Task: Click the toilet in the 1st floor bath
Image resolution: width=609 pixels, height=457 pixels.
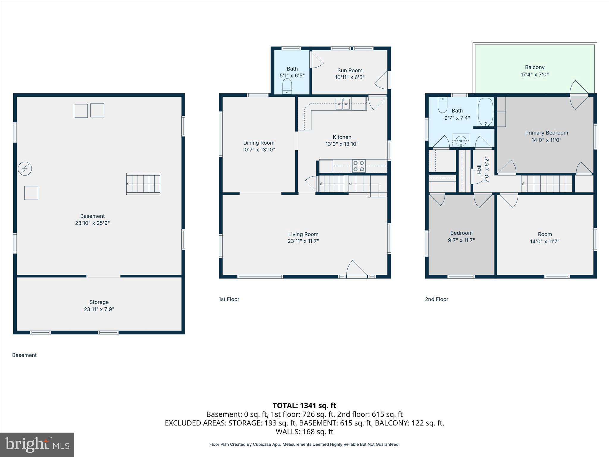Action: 287,86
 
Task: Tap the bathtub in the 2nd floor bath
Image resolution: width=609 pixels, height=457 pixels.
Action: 485,112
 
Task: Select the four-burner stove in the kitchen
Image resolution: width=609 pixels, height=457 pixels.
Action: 359,166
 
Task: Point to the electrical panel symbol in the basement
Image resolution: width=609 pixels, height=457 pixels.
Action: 25,169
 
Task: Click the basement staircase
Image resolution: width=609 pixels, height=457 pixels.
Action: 143,184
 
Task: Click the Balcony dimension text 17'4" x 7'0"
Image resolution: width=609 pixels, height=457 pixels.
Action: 534,74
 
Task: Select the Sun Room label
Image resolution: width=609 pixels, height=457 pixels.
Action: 350,71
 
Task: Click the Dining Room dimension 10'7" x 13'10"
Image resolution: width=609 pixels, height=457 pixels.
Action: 259,150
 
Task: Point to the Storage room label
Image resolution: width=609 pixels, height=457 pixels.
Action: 99,302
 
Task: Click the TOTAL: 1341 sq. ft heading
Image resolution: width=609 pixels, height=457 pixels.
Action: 304,406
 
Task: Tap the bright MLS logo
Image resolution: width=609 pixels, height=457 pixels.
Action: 37,445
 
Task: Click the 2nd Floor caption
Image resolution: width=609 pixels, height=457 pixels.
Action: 436,299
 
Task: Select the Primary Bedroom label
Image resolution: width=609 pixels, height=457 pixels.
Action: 546,133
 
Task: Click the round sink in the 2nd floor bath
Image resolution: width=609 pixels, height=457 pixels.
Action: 461,140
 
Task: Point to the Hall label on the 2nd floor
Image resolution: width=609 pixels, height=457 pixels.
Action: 479,169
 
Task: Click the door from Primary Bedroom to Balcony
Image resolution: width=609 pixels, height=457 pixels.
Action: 578,95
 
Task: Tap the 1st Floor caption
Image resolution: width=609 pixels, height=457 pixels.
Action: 229,299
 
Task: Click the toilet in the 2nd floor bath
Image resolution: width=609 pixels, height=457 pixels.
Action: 442,105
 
